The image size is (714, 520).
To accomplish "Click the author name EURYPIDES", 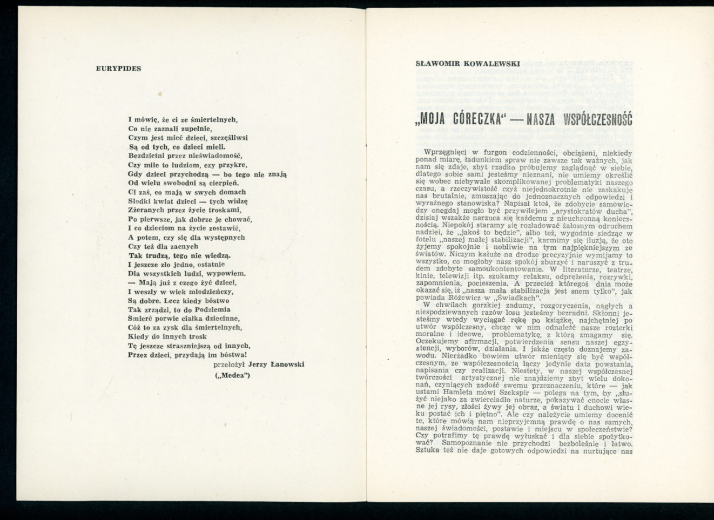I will (x=118, y=69).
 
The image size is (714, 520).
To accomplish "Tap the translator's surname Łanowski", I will (x=287, y=365).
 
